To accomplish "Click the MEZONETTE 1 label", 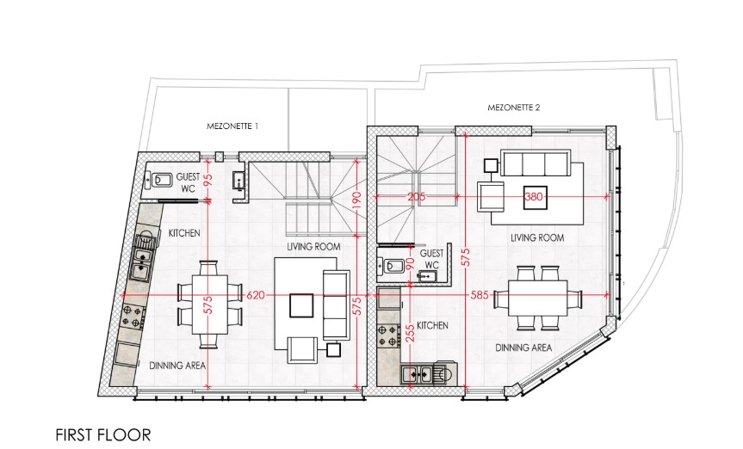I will (x=232, y=126).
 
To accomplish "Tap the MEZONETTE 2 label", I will (x=514, y=108).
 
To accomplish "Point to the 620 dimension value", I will (x=256, y=294).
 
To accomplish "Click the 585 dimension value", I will (x=480, y=294).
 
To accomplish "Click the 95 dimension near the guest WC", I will (x=207, y=179).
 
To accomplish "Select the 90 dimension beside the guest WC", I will (x=410, y=264).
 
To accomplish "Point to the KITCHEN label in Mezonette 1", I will (x=184, y=233).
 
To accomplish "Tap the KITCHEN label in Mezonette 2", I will (x=433, y=327).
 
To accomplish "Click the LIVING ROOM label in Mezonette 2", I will (x=537, y=237).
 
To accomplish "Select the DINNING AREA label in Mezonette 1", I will (x=177, y=366).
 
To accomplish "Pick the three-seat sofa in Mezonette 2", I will (x=536, y=163).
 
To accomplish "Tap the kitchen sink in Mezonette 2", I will (x=418, y=373).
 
